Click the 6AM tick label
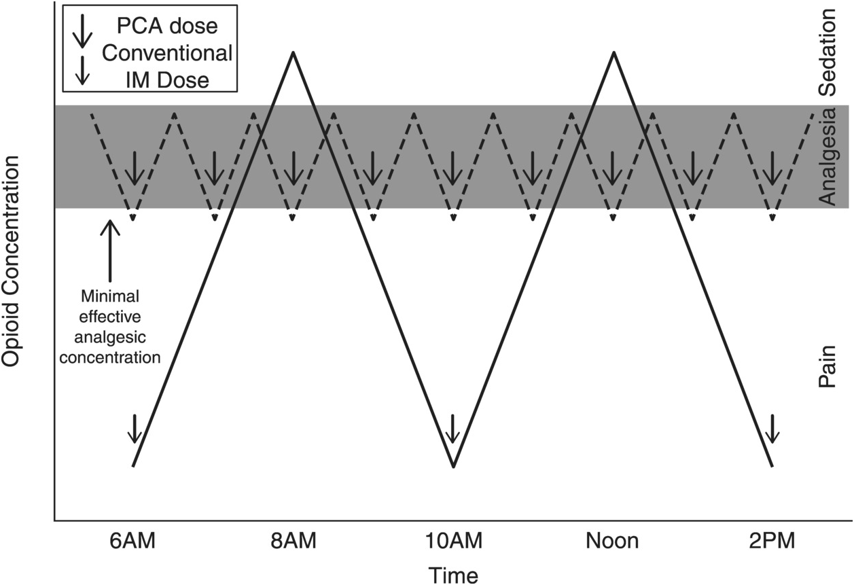133,542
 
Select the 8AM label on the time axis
292,542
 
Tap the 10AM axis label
453,542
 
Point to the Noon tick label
612,542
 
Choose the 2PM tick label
772,542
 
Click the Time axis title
453,574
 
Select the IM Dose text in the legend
167,79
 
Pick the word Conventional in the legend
167,52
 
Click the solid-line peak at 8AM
293,52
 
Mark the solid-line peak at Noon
613,52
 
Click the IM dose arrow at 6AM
134,428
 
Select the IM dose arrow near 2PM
772,428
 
